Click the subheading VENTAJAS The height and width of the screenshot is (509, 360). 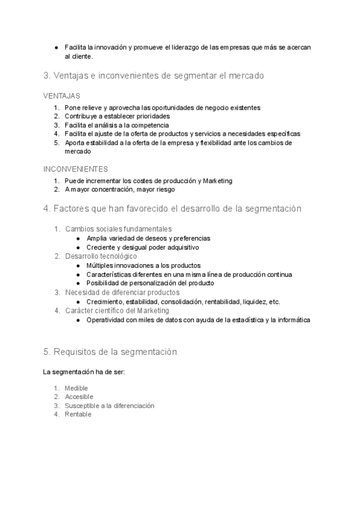tap(62, 96)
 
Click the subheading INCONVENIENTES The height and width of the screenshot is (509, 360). tap(76, 169)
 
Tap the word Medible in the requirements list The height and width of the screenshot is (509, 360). tap(76, 388)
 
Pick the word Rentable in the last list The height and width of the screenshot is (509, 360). tap(78, 414)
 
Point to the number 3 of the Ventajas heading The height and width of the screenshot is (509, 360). tap(46, 76)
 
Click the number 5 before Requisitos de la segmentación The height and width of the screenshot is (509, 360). tap(46, 352)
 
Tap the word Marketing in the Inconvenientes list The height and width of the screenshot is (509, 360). tap(217, 181)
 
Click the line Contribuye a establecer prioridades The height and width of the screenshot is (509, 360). tap(117, 116)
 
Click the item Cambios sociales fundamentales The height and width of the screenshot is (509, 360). tap(119, 229)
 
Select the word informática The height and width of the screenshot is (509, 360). tap(290, 321)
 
